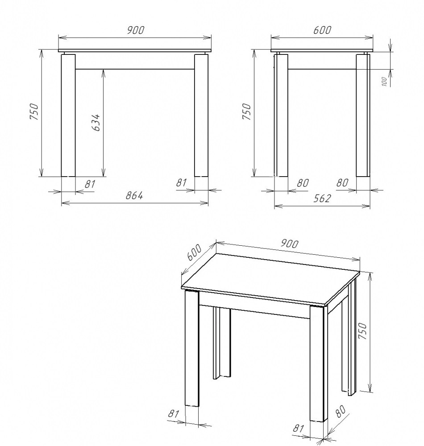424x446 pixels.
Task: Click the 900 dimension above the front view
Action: click(136, 30)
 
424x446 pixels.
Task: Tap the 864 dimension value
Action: click(134, 195)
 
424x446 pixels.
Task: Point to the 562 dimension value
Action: click(322, 198)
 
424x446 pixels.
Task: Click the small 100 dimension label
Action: click(384, 82)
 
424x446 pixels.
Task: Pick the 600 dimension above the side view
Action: click(322, 30)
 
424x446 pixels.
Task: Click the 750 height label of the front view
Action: click(34, 112)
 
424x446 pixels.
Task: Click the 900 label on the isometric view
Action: click(290, 244)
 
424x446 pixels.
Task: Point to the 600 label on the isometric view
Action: click(194, 252)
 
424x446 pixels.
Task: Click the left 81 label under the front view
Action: click(90, 184)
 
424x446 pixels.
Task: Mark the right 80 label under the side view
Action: click(342, 182)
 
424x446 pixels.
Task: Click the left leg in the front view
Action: click(68, 115)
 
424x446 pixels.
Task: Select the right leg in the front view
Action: click(201, 115)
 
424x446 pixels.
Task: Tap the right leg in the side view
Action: click(363, 115)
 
